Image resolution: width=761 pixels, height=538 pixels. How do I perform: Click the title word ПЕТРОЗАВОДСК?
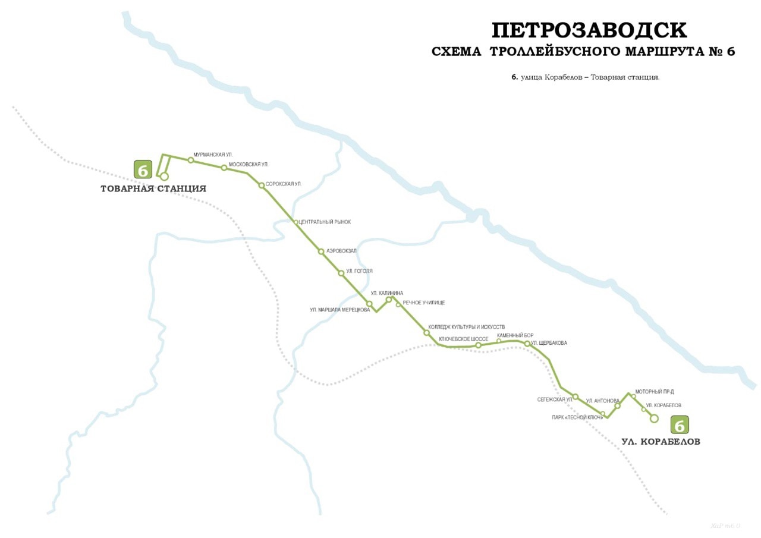tap(589, 30)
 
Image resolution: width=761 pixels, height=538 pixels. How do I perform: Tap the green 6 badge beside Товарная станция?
tap(143, 169)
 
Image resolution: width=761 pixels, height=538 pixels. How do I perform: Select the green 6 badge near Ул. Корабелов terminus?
tap(680, 424)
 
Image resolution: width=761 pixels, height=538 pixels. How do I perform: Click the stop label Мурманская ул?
tap(213, 155)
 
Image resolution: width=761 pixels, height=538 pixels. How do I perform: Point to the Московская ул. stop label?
tap(248, 164)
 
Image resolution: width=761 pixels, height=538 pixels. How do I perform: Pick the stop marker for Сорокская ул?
tap(261, 185)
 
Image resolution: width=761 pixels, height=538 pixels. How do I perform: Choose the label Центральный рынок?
tap(325, 222)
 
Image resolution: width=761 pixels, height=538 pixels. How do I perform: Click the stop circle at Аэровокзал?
tap(321, 251)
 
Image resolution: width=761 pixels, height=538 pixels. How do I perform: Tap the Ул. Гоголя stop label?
tap(359, 271)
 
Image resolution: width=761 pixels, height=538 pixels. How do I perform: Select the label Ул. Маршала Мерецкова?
tap(339, 309)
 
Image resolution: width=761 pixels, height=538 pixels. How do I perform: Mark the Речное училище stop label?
tap(424, 303)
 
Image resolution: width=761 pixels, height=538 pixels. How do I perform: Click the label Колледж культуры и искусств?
tap(466, 327)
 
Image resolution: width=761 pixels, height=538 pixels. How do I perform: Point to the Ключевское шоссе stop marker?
tap(478, 345)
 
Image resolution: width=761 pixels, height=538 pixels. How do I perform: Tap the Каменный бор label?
tap(515, 335)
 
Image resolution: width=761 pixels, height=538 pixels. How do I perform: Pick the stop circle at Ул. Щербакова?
tap(527, 343)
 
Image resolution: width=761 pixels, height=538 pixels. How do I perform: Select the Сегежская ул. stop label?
tap(555, 399)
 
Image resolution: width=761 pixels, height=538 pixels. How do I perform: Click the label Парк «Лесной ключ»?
tap(577, 417)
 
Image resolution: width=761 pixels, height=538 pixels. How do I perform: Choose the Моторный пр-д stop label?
tap(654, 392)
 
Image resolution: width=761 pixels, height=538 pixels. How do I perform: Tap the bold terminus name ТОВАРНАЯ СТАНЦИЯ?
tap(153, 189)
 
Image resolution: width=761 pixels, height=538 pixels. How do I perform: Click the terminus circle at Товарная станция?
tap(164, 177)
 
